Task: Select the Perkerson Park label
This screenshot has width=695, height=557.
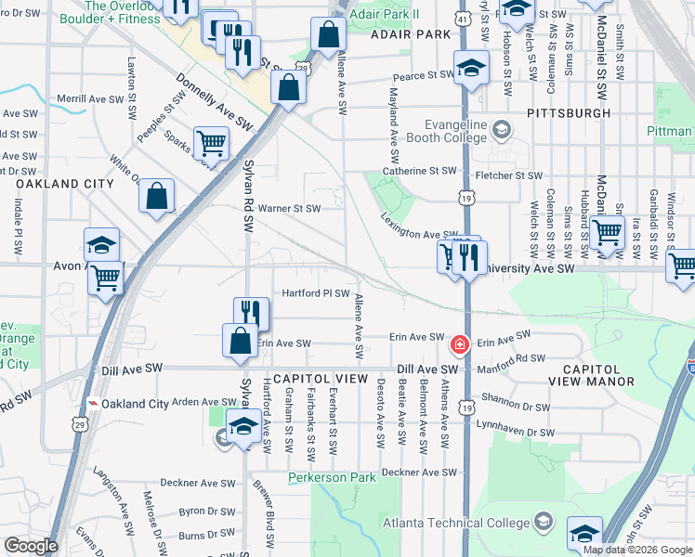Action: (332, 478)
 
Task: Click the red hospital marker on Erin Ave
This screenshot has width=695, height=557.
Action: (458, 345)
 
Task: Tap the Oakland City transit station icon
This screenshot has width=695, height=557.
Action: (94, 404)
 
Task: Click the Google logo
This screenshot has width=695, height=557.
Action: (30, 546)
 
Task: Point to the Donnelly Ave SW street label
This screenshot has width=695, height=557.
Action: (214, 101)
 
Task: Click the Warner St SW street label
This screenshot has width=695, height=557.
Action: (289, 208)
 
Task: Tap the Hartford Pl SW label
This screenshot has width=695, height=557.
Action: (315, 293)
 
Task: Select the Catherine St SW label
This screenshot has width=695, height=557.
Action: (423, 171)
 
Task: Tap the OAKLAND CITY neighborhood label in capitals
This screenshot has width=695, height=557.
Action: (65, 184)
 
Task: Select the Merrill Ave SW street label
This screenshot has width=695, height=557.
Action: (91, 98)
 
